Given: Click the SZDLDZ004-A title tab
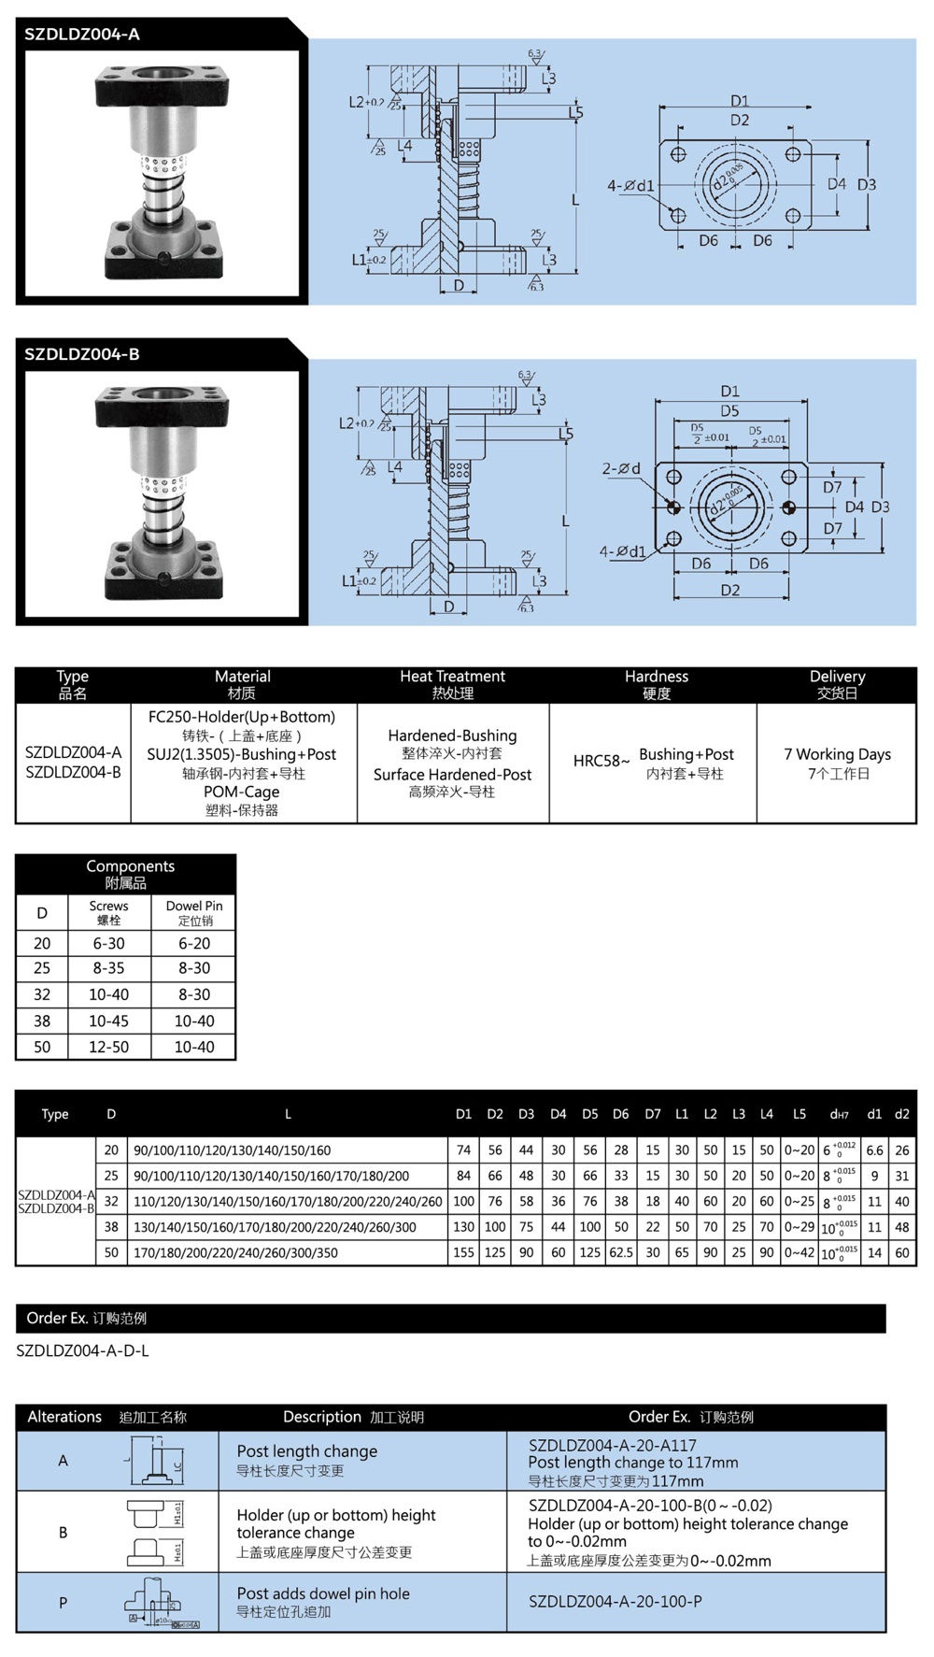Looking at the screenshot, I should (82, 35).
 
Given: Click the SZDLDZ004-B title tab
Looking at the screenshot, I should (82, 354).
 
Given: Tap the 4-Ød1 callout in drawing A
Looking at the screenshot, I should (630, 186).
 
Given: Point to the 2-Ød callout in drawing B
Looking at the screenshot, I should (621, 468).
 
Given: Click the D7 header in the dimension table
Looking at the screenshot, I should (652, 1114).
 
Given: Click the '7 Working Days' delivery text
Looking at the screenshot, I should (837, 754).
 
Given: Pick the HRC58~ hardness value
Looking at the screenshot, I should (601, 761).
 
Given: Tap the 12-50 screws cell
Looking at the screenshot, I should (108, 1047).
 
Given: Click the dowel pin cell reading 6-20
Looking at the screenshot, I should (194, 944).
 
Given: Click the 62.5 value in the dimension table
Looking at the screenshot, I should (620, 1252).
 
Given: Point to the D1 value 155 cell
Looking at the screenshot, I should (463, 1252).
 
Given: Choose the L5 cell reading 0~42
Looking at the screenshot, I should (799, 1252).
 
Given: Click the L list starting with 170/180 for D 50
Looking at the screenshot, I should (235, 1252).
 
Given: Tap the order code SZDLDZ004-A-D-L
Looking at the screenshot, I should (82, 1350).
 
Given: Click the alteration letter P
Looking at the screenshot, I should (63, 1603).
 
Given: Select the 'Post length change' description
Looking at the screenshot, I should (306, 1451).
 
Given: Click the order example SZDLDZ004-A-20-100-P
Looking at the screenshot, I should (615, 1601).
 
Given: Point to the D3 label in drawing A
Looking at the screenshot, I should (867, 184).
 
